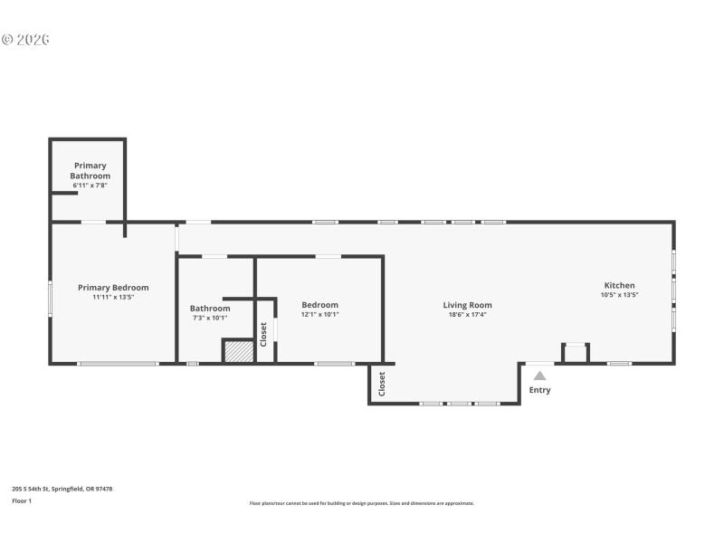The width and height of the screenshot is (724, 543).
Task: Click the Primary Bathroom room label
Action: tap(90, 170)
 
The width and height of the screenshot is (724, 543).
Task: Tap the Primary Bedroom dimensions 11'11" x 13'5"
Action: tap(113, 297)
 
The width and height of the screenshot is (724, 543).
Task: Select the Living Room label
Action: tap(467, 305)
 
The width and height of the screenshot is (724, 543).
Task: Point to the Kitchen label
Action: tap(619, 285)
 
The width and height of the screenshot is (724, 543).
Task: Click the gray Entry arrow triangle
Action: tap(539, 375)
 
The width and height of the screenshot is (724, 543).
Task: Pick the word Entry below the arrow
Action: tap(539, 390)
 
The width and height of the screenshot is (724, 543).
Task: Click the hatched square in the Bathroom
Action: tap(238, 351)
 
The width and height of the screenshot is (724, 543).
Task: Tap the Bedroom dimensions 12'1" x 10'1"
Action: tap(319, 315)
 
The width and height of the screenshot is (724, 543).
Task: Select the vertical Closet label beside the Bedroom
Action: tap(263, 334)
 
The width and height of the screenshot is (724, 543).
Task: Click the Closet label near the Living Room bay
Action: tap(381, 383)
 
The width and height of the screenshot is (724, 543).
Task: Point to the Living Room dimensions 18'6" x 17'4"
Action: tap(467, 315)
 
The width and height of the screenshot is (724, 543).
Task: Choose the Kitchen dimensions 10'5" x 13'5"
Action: tap(619, 295)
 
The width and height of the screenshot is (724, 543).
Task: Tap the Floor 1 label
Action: tap(22, 500)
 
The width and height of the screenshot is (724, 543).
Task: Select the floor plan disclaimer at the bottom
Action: tap(362, 503)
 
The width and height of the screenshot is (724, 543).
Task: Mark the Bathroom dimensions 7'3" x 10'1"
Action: tap(209, 318)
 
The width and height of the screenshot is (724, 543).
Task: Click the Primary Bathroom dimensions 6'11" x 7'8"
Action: tap(90, 186)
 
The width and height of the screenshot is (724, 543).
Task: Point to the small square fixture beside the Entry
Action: tap(576, 353)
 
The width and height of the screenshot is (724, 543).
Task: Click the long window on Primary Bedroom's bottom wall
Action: tap(118, 364)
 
